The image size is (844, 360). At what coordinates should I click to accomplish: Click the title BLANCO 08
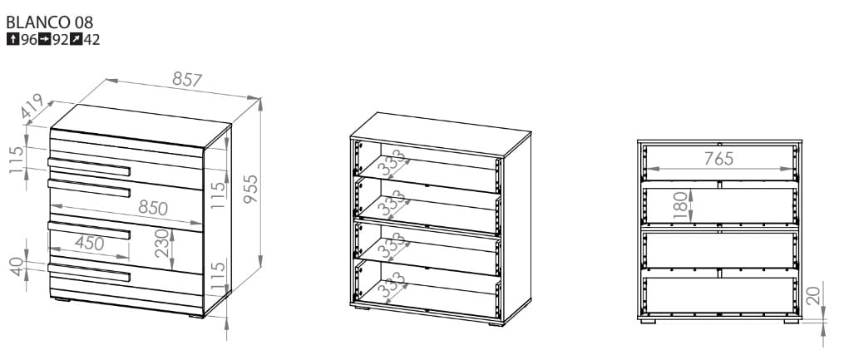point(50,22)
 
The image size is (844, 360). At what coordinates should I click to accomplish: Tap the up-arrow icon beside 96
point(13,39)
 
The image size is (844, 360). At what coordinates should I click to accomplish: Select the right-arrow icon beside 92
point(45,39)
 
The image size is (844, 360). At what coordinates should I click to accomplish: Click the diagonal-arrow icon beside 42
point(77,39)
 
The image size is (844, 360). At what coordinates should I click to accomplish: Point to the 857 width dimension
point(187,80)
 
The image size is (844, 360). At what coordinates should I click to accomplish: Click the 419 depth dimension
point(32,106)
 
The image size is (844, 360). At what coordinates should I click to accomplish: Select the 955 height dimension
point(250,189)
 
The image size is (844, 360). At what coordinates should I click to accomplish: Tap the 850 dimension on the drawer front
point(153,208)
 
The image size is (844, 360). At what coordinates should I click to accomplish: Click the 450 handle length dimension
point(89,244)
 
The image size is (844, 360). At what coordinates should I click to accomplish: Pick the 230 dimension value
point(161,244)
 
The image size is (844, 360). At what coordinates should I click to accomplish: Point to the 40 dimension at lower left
point(17,266)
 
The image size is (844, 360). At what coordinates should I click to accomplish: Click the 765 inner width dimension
point(719,158)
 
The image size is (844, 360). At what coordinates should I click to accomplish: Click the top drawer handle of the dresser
point(89,167)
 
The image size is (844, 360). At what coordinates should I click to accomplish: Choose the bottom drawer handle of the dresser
point(89,273)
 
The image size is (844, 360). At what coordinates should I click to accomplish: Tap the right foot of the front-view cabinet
point(792,322)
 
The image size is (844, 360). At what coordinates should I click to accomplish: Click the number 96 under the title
point(29,40)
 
